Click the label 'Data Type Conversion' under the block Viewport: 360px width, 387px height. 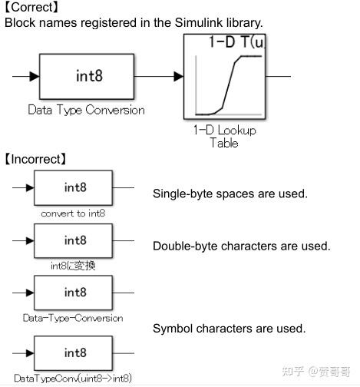click(x=86, y=110)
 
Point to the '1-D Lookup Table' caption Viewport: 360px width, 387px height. click(x=225, y=136)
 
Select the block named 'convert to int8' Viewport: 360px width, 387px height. click(x=75, y=187)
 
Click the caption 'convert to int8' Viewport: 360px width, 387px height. click(x=74, y=213)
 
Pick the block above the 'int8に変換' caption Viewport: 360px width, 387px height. click(x=75, y=240)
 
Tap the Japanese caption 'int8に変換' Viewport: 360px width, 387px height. click(x=73, y=266)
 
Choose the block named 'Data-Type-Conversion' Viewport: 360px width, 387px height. click(x=75, y=292)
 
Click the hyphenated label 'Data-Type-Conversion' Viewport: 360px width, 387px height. click(x=73, y=318)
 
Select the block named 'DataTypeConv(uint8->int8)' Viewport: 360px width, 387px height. click(x=75, y=353)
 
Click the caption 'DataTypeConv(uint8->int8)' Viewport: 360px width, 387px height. click(x=73, y=379)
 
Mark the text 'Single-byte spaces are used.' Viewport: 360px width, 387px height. click(x=230, y=193)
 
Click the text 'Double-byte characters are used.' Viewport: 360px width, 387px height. click(x=241, y=246)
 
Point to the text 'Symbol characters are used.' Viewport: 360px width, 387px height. click(x=229, y=329)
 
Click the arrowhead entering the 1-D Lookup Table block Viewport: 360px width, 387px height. click(x=179, y=76)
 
